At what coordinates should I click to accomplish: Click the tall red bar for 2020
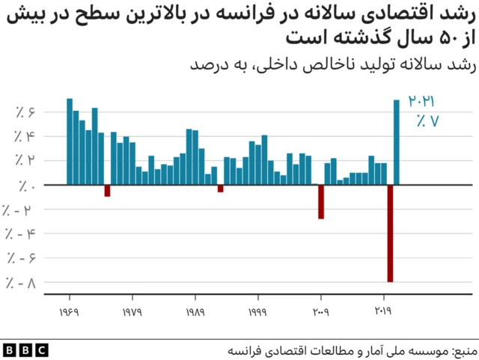390,233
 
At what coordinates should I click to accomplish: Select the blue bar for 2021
397,142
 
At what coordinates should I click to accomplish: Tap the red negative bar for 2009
321,201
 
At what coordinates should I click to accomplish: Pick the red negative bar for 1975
107,190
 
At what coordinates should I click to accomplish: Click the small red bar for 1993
221,188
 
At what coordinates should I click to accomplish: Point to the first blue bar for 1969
70,141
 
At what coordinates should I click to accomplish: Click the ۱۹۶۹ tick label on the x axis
70,311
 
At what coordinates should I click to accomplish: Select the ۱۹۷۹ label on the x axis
132,311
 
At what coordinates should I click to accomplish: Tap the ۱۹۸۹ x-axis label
195,311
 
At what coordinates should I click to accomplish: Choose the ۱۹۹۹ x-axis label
258,311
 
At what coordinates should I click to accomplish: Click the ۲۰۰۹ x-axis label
321,311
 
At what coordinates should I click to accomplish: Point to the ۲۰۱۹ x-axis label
384,311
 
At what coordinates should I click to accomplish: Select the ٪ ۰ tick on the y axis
27,185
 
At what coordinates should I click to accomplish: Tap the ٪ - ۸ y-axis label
21,282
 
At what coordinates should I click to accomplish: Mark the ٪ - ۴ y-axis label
21,234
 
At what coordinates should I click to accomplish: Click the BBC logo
25,350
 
